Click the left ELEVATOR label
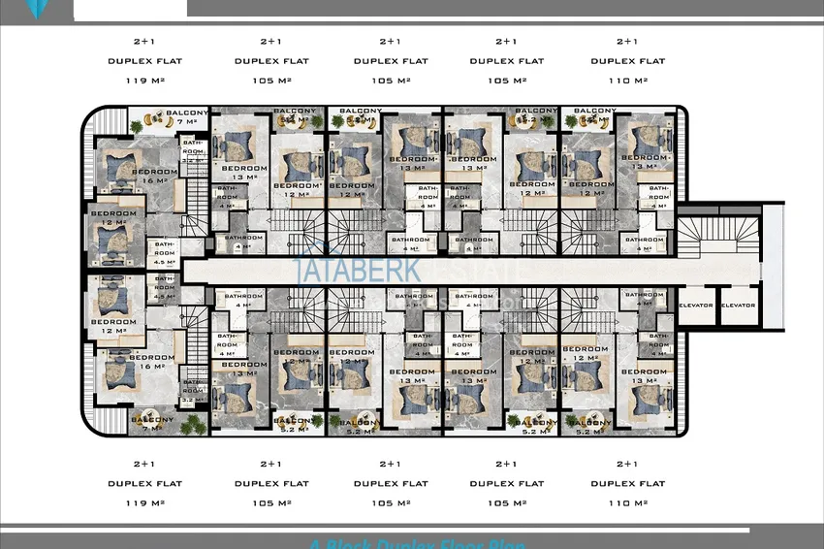(x=697, y=306)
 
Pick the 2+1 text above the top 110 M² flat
(x=628, y=42)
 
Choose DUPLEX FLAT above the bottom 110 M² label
(x=628, y=483)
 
